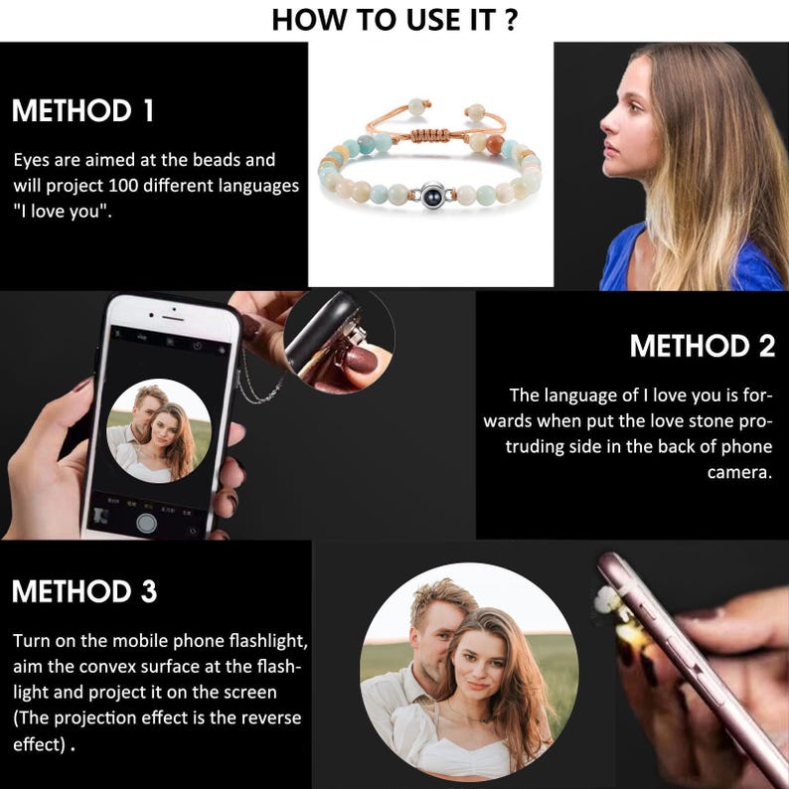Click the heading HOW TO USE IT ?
[x=394, y=20]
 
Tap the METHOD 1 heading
[x=83, y=110]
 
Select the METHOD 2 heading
[x=703, y=346]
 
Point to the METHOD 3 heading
[x=84, y=591]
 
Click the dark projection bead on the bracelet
[x=432, y=194]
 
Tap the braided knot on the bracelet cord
[x=430, y=135]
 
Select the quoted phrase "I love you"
[x=63, y=212]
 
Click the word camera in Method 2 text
[x=739, y=472]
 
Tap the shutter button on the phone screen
[x=146, y=524]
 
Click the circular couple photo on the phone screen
[x=159, y=430]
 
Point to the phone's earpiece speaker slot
[x=173, y=319]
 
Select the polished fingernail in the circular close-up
[x=360, y=360]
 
